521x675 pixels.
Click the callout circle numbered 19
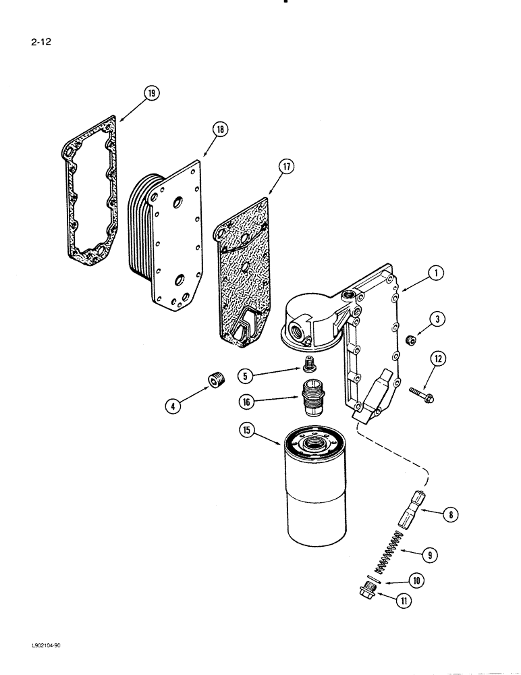[153, 93]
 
